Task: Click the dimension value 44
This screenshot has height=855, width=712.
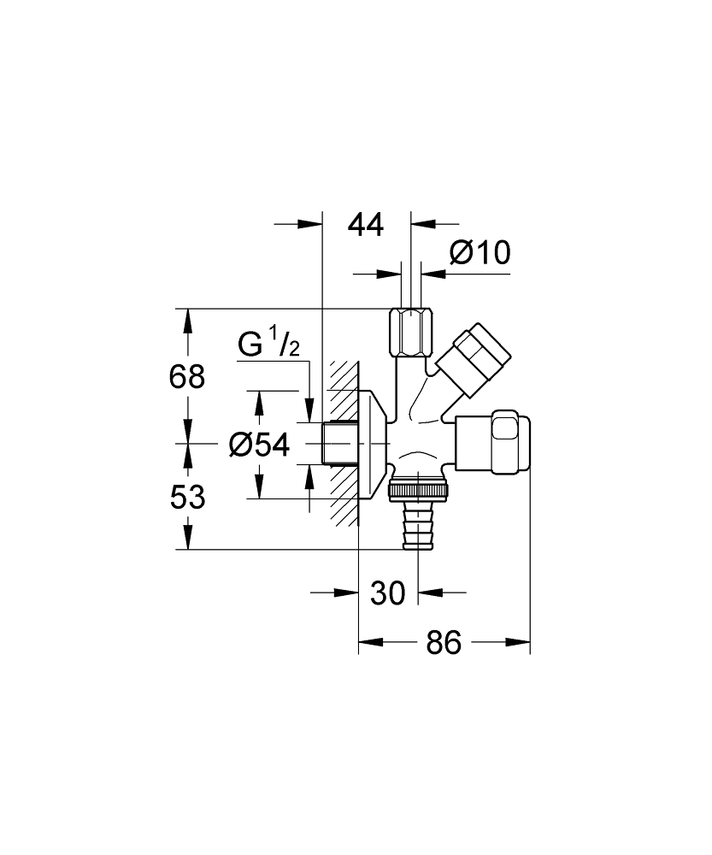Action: click(x=366, y=225)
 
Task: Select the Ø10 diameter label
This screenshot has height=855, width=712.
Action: click(x=479, y=253)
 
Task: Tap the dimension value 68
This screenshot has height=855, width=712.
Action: click(x=187, y=376)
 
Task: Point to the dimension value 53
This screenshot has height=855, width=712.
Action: click(x=187, y=497)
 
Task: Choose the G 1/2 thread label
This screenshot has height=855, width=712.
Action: click(x=268, y=345)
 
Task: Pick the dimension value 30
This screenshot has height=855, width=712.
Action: click(x=387, y=593)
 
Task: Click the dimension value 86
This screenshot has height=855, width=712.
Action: click(x=443, y=642)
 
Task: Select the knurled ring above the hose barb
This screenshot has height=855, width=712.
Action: click(x=418, y=491)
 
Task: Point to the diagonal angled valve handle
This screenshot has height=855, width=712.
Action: click(x=473, y=358)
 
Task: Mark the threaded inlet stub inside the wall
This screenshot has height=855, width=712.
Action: click(x=338, y=444)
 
